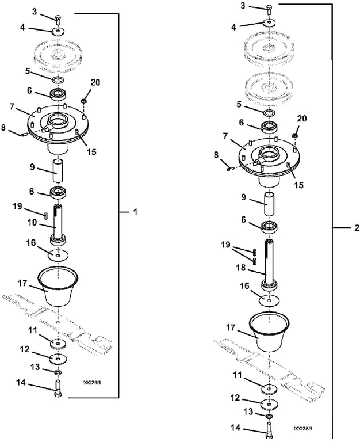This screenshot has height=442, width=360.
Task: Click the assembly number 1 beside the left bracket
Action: (x=135, y=212)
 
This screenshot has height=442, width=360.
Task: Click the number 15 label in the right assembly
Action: (x=298, y=185)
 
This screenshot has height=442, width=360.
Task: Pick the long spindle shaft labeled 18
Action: (x=269, y=265)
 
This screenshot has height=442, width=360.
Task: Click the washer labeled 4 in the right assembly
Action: (x=269, y=23)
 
